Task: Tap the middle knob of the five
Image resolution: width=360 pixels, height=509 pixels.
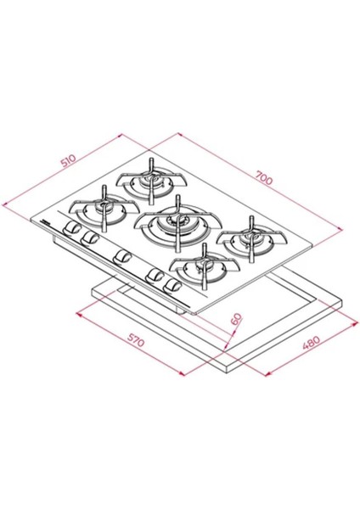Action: tap(121, 256)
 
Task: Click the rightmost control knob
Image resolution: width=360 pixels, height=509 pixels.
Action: tap(176, 287)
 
